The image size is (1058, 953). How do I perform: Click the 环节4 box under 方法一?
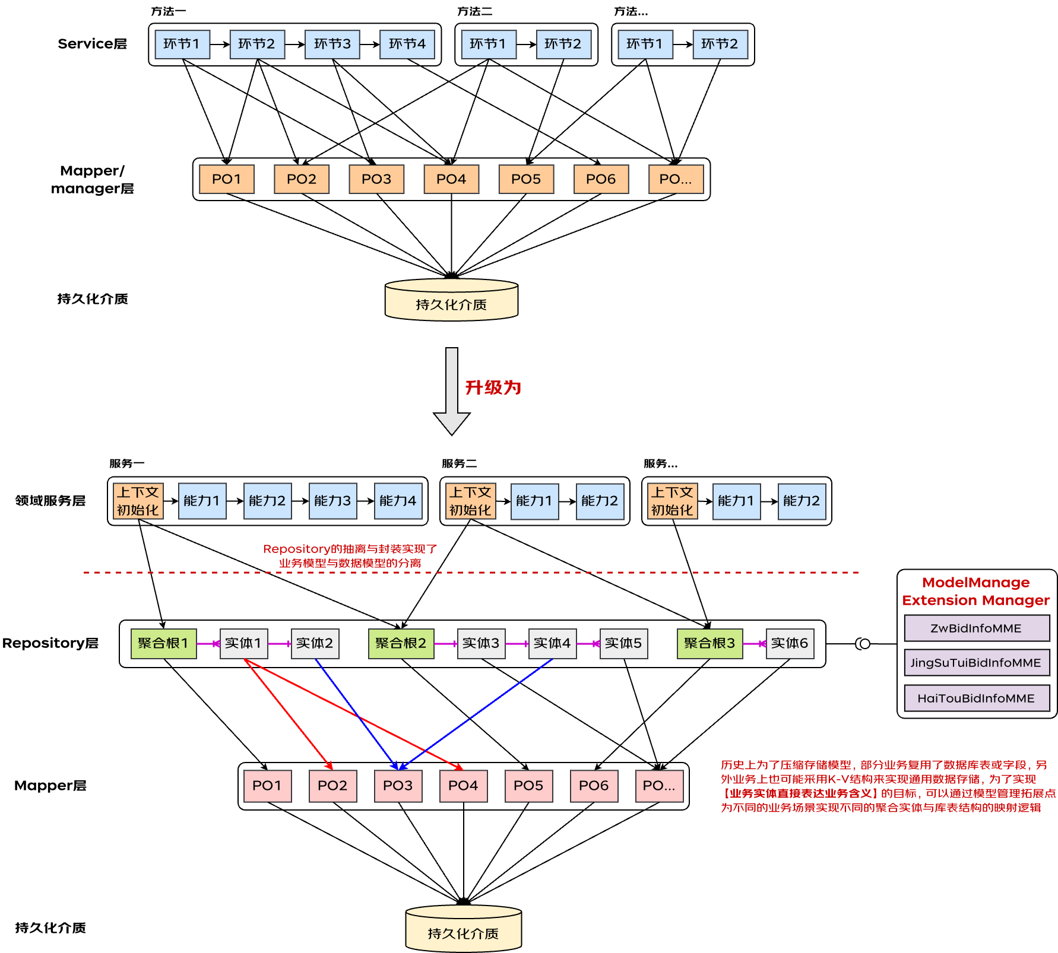point(407,45)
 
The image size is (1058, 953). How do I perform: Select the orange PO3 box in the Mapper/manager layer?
point(376,179)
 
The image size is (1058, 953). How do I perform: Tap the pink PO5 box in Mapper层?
point(528,786)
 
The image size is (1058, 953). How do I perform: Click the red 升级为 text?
point(493,387)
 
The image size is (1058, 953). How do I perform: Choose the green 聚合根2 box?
point(401,643)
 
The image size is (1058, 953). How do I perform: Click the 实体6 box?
point(790,643)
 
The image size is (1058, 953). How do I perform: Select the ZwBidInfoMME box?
point(976,628)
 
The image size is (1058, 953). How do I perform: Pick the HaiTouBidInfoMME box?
point(976,698)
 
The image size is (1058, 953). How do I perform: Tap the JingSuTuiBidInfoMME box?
point(976,663)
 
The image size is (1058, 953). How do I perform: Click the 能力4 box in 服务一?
point(398,501)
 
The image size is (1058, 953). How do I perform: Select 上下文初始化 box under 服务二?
point(470,501)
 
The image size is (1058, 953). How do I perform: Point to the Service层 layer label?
point(92,44)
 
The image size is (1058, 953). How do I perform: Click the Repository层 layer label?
point(50,643)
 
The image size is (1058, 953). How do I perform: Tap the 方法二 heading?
point(474,11)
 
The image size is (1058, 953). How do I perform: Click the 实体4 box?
point(552,643)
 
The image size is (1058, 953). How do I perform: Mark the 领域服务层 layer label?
point(50,501)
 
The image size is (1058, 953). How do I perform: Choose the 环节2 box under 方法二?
point(563,45)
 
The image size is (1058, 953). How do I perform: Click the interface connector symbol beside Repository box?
point(863,644)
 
